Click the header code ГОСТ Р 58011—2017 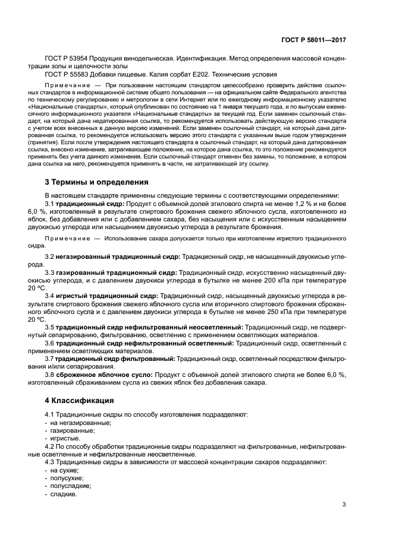pos(313,40)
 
